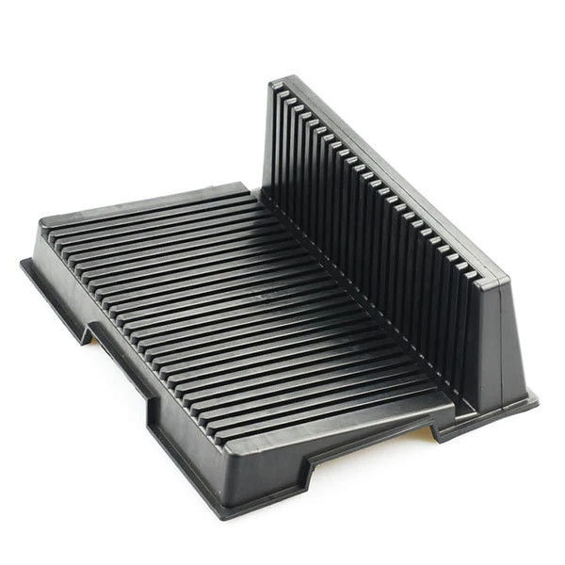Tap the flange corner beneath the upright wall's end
point(532,399)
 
